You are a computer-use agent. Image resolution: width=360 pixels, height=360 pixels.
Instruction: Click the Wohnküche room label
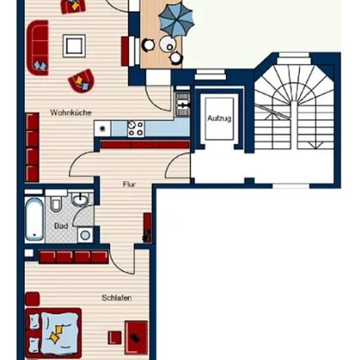tap(71, 113)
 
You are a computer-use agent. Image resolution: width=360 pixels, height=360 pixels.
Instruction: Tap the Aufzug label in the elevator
tap(219, 118)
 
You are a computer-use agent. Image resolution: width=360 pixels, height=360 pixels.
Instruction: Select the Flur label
tap(129, 184)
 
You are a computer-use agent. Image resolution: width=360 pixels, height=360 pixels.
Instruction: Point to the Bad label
tap(61, 226)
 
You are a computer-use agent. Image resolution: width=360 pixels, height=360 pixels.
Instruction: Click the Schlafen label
tap(117, 298)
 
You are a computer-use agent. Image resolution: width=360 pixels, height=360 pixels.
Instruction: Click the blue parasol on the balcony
tap(176, 21)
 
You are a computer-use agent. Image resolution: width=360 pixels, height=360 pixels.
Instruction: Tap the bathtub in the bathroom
tap(35, 219)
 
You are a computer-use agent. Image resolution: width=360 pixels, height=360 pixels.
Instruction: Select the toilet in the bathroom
tap(56, 202)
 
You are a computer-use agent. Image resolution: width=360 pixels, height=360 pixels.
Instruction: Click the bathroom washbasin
tap(80, 199)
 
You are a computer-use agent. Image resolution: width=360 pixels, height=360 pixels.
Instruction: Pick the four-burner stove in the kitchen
tap(136, 129)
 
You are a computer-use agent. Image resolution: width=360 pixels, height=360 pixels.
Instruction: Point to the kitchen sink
tap(183, 105)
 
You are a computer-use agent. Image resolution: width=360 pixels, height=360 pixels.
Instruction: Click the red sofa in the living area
tap(38, 48)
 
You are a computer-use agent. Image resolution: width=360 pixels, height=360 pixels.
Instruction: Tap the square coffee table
tap(74, 46)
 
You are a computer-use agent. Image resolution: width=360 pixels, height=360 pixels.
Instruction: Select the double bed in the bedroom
tap(54, 333)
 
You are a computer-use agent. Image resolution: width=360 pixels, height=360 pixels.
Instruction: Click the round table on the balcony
tap(167, 44)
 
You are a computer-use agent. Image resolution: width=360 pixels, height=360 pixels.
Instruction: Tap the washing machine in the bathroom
tap(85, 235)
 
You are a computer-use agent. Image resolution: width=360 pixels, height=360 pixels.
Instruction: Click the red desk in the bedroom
tap(136, 338)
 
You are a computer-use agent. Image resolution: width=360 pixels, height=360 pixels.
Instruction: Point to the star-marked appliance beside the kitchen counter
tap(102, 129)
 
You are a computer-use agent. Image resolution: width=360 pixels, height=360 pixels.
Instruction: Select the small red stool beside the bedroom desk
tap(115, 338)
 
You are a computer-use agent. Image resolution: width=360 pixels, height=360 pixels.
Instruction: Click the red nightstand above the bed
tap(32, 298)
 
